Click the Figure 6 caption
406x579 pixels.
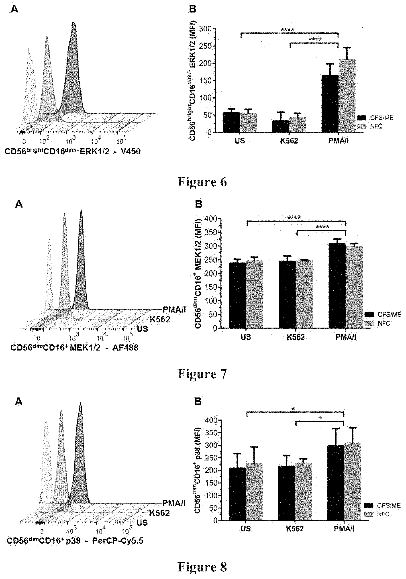coord(202,182)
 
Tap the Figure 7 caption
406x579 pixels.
coord(202,373)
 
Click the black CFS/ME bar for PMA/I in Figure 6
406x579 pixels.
coord(330,103)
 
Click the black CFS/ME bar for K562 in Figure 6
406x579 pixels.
coord(281,126)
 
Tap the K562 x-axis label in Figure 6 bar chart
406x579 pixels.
coord(289,141)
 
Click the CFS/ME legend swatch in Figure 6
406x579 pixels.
coord(362,118)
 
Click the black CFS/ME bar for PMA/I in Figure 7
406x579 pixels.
coord(337,286)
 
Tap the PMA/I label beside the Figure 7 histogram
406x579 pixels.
coord(174,309)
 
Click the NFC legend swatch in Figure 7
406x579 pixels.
coord(369,323)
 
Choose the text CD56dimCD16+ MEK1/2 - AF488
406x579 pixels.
coord(74,348)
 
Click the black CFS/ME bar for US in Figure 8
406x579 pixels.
coord(237,494)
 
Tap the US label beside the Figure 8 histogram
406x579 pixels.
coord(143,523)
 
